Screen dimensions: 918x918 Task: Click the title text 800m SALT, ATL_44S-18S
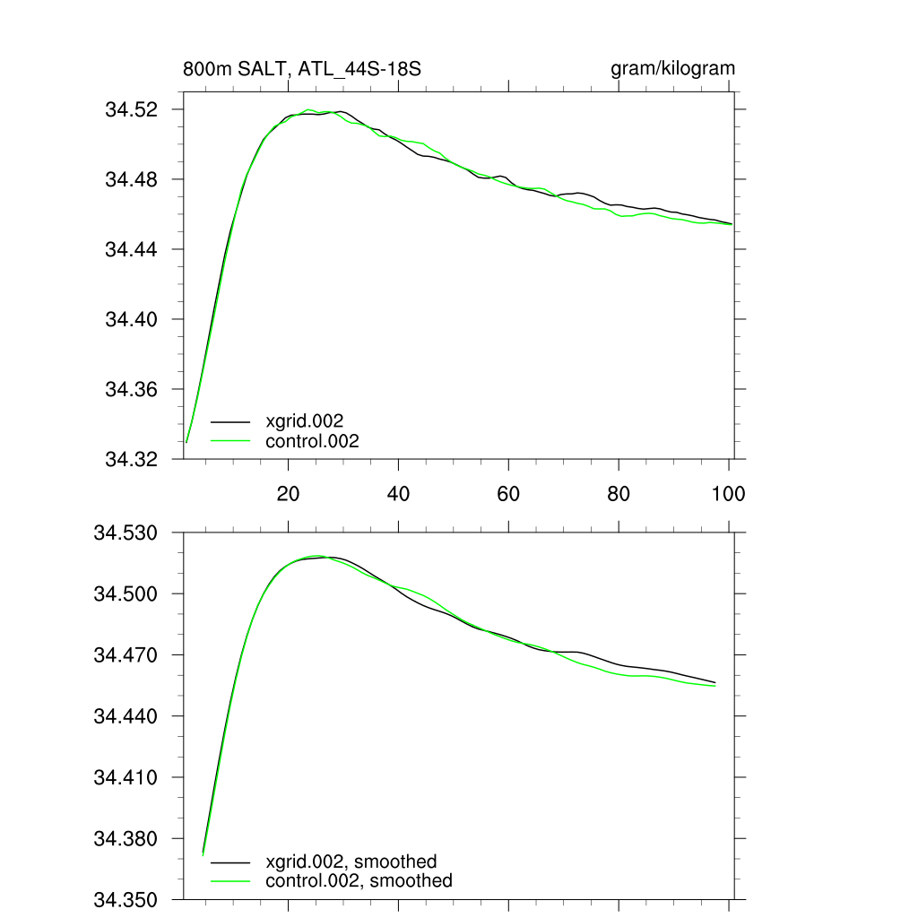click(x=301, y=69)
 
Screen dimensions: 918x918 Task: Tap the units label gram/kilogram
click(x=672, y=69)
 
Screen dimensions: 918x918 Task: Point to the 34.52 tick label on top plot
click(x=133, y=110)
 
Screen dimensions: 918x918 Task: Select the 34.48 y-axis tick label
click(x=133, y=180)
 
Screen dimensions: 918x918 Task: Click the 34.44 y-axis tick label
click(x=133, y=250)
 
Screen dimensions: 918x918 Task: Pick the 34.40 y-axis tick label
click(x=133, y=320)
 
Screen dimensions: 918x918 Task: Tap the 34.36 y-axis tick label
click(x=133, y=390)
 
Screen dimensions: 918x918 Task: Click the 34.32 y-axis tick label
click(x=133, y=460)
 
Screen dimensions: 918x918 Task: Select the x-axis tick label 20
click(x=288, y=494)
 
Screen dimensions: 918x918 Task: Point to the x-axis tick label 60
click(x=508, y=494)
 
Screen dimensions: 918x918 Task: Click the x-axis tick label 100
click(x=728, y=494)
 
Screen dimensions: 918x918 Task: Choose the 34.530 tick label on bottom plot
click(x=126, y=533)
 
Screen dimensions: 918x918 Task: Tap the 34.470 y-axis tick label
click(x=126, y=655)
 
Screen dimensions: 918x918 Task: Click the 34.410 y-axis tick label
click(x=126, y=778)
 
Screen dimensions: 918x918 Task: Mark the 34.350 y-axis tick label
click(x=126, y=900)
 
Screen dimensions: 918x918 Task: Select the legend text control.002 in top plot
click(x=312, y=441)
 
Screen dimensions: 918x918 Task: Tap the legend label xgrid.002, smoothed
click(x=351, y=862)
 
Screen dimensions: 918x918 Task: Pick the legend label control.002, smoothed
click(x=359, y=881)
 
